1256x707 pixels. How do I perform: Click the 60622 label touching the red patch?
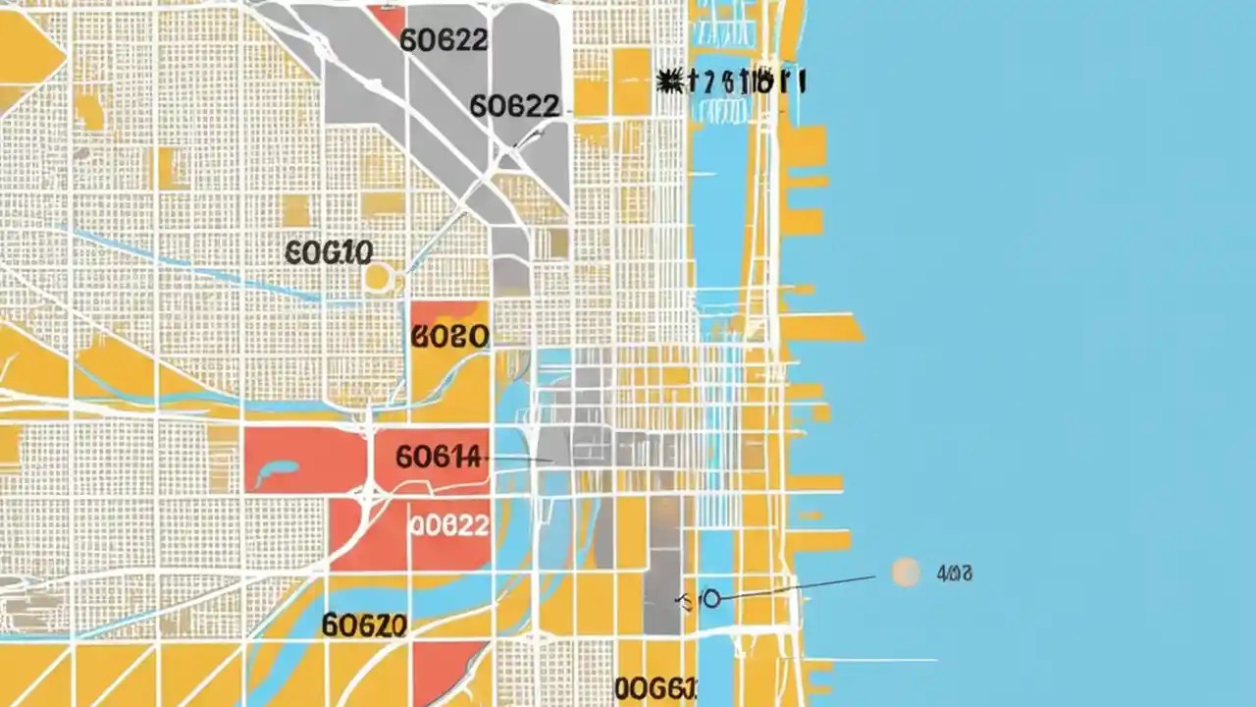point(444,39)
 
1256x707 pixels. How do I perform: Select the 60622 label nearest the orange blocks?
point(514,105)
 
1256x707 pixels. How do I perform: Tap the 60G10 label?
point(329,252)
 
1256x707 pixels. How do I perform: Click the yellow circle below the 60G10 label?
point(378,277)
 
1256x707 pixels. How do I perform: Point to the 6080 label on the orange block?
point(449,337)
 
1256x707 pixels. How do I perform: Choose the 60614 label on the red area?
point(440,457)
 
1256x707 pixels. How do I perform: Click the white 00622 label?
point(448,525)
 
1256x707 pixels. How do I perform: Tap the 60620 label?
point(364,625)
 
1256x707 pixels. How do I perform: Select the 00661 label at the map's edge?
point(655,687)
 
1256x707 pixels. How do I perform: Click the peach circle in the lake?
point(906,572)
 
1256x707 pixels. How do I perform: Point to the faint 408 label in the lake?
point(954,573)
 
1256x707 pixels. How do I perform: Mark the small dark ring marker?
point(711,598)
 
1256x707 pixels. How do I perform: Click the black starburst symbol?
point(670,82)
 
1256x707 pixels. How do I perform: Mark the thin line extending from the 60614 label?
point(520,459)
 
